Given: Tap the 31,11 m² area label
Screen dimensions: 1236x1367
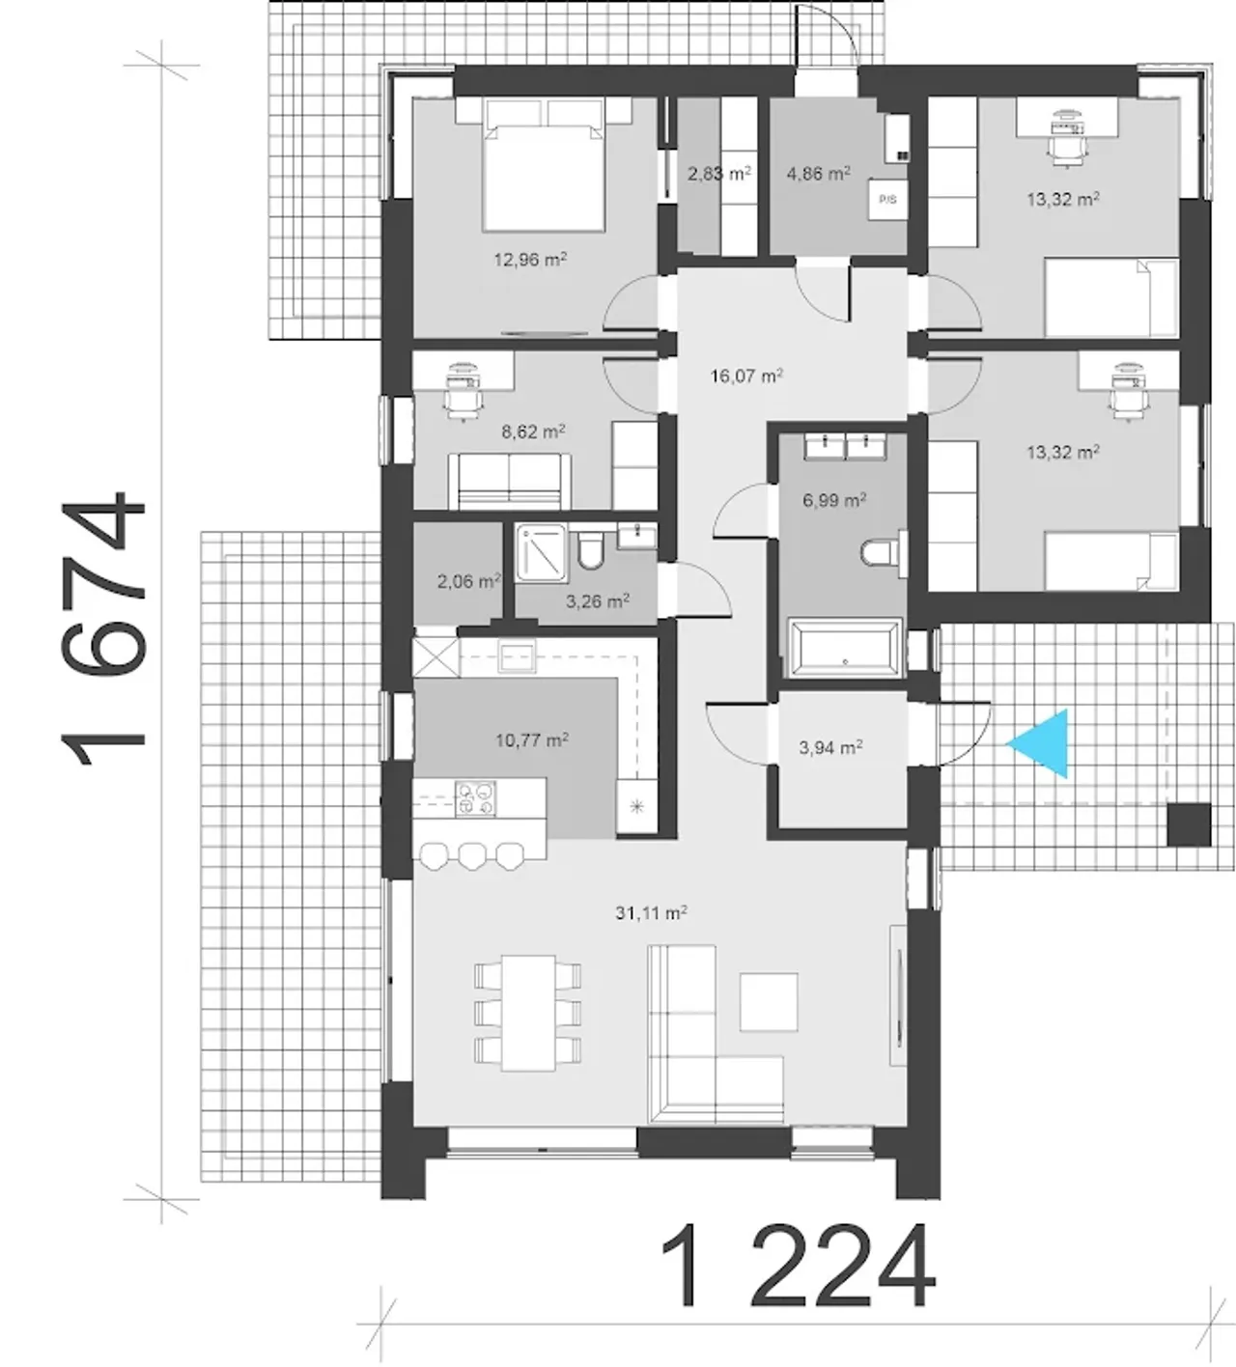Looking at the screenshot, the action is [651, 913].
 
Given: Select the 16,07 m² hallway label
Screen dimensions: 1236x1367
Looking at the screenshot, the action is [746, 376].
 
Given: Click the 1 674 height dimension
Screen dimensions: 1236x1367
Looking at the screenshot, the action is [103, 628].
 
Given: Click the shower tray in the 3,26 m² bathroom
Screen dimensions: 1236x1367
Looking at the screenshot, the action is [542, 552].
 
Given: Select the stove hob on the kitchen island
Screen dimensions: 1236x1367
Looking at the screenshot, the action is [475, 798].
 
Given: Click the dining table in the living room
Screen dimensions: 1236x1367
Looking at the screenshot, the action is [529, 1013].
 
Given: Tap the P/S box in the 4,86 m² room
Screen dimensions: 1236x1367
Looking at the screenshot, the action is [887, 200].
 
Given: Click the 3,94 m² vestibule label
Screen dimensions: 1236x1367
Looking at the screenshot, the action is [831, 747].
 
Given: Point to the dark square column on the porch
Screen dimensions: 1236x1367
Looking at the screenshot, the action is [1189, 825].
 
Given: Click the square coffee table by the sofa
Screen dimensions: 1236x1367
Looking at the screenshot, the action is [769, 1002].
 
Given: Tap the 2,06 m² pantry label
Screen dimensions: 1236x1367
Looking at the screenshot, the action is [469, 581].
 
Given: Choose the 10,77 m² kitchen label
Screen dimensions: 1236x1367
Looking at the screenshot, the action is [532, 740].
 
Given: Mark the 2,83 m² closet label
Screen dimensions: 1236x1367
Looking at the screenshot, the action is [719, 174].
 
